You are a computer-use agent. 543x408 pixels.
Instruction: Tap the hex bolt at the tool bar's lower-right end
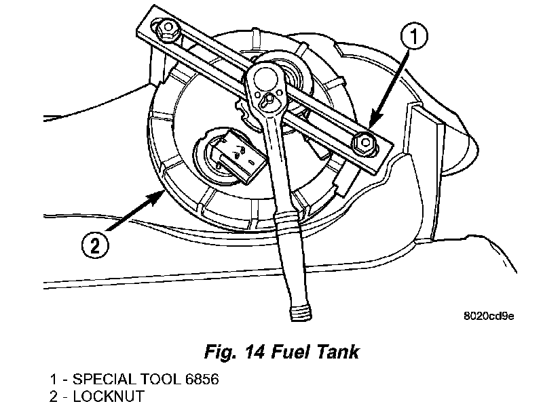coord(363,142)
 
